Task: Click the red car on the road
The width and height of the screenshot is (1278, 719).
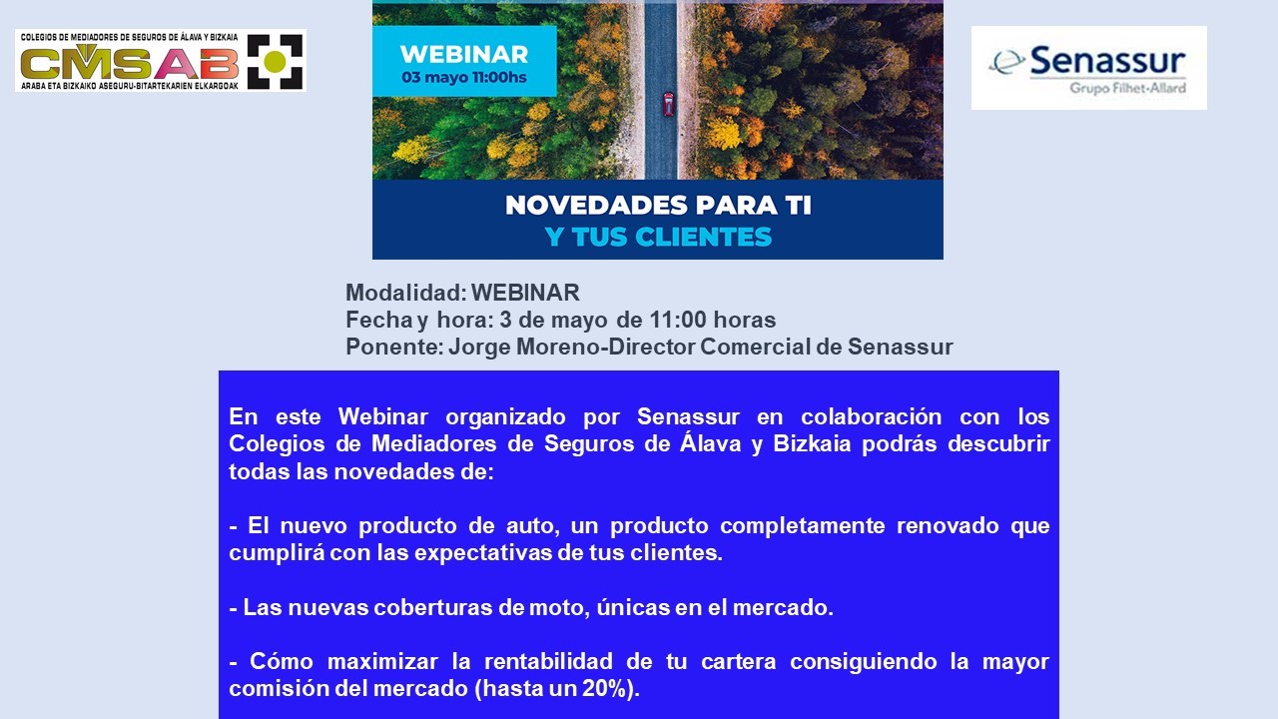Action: (668, 104)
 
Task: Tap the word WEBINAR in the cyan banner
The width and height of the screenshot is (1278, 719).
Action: (464, 55)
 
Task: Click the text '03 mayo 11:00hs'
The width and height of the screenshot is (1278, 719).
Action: (464, 78)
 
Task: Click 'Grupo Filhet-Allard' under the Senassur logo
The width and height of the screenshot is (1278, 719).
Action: (1127, 88)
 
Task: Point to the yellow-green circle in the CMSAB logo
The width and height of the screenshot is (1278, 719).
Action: (275, 62)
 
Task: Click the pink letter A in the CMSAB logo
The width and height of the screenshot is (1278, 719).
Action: (177, 63)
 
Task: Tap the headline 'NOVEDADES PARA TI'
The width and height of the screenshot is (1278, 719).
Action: (658, 206)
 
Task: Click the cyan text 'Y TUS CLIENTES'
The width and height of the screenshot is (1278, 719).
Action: (658, 237)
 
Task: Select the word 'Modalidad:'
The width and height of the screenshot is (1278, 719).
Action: (406, 293)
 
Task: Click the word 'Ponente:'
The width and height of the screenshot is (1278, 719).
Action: (394, 347)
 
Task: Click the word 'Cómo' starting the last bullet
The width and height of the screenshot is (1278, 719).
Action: (282, 661)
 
